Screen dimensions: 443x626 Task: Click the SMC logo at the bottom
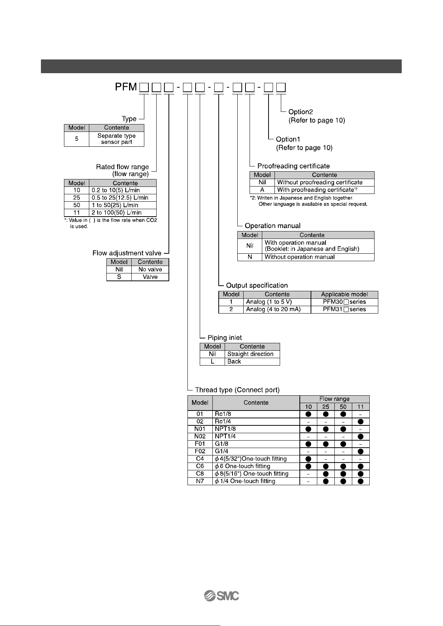pos(221,596)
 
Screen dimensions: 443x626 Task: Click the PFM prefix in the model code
pos(126,87)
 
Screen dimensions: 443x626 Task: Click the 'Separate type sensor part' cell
pos(116,139)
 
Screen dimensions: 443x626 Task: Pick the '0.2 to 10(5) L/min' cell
pos(123,190)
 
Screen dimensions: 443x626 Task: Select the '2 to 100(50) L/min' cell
pos(123,213)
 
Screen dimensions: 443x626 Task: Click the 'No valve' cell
pos(150,269)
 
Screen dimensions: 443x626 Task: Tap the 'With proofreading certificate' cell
pos(324,190)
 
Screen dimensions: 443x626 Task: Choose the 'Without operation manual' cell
pos(318,257)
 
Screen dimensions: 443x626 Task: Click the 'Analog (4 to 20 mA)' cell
pos(277,309)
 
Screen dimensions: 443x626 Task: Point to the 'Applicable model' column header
pos(344,295)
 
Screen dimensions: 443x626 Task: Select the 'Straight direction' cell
pos(252,354)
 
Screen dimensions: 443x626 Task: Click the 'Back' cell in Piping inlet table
pos(252,361)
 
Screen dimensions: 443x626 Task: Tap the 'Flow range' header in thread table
pos(334,399)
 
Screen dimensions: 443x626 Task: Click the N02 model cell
pos(200,436)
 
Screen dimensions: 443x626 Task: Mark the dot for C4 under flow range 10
pos(308,458)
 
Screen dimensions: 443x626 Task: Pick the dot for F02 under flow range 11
pos(360,451)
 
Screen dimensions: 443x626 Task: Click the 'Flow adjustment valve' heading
pos(127,253)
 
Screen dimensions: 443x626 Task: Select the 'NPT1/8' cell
pos(256,429)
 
